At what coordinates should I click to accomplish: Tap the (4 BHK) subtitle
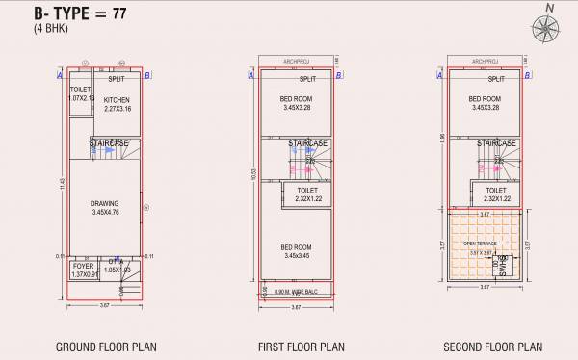tap(52, 29)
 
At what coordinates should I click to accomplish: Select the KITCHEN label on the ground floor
tap(118, 100)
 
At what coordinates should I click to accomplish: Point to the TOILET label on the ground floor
tap(78, 89)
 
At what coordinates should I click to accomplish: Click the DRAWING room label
tap(105, 203)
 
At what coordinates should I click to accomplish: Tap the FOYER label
tap(83, 266)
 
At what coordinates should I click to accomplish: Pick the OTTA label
tap(116, 262)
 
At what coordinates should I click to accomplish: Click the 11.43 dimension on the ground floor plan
tap(62, 182)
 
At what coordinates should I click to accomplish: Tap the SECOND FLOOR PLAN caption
tap(492, 347)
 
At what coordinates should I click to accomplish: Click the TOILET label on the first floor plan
tap(306, 191)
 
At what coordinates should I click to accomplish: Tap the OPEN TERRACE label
tap(480, 244)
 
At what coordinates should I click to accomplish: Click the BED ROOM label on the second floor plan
tap(486, 99)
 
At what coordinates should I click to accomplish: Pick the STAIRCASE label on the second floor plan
tap(497, 142)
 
